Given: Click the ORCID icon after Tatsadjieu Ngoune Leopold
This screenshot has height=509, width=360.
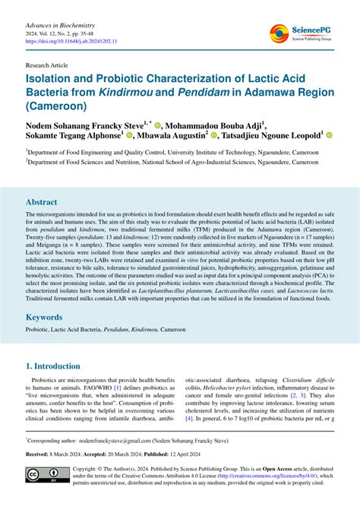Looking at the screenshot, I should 330,135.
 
